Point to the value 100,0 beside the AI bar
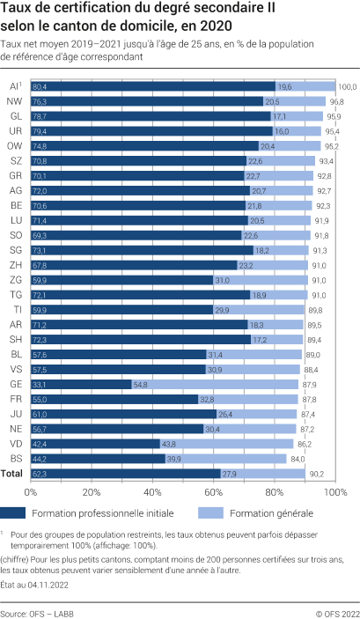click(348, 87)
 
